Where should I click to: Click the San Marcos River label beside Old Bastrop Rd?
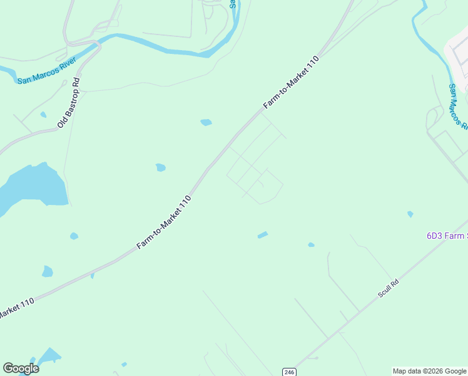[x=46, y=71]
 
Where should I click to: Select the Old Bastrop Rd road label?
[x=69, y=103]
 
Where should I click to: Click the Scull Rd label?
[x=388, y=288]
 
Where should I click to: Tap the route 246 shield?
[x=288, y=372]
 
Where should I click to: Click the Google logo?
[x=21, y=368]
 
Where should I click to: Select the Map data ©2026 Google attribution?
[x=429, y=371]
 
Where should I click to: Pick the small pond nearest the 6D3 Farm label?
[x=410, y=214]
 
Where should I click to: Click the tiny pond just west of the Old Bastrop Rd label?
[x=43, y=115]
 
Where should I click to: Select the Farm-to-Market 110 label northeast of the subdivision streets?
[x=292, y=82]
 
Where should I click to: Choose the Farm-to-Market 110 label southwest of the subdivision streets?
[x=163, y=222]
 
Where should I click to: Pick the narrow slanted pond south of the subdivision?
[x=263, y=235]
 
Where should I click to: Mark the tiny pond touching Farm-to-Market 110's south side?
[x=92, y=275]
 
